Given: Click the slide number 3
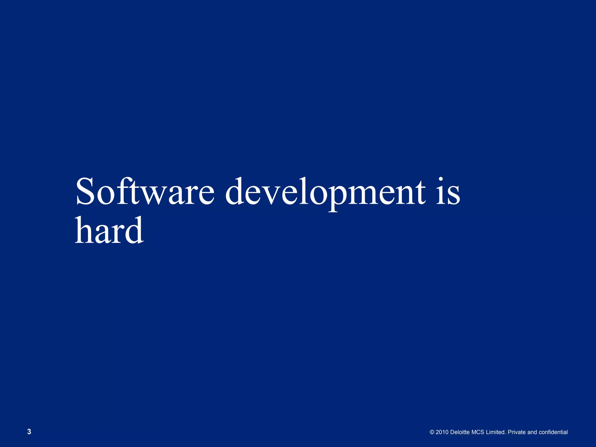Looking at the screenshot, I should coord(29,432).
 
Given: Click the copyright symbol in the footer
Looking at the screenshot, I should coord(432,432).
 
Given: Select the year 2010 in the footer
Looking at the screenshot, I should coord(442,432).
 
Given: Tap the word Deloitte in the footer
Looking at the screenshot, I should coord(460,432).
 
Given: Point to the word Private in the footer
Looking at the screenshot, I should coord(517,432).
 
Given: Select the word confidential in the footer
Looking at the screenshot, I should coord(553,432).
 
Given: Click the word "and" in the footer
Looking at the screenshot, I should coord(532,432).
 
